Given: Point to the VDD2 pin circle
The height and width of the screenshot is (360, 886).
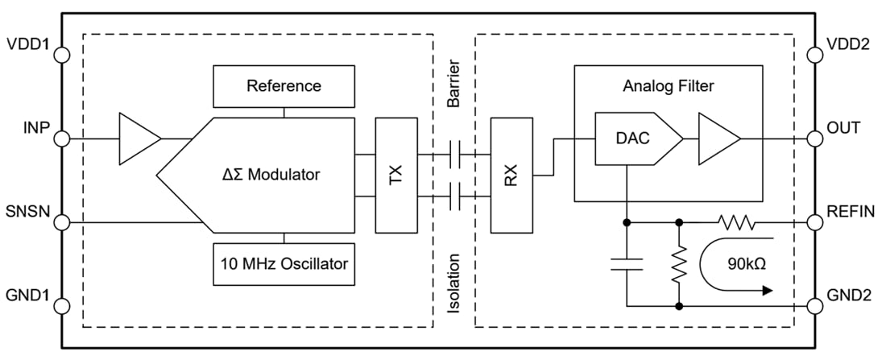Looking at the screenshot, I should click(x=815, y=55).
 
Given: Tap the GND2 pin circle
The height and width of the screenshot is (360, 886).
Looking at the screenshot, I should click(x=815, y=305).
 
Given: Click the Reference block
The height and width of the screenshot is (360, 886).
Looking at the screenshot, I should click(x=284, y=86).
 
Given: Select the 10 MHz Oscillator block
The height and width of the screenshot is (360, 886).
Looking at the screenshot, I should click(x=284, y=263).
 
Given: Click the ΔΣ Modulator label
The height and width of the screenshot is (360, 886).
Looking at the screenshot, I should click(x=271, y=174).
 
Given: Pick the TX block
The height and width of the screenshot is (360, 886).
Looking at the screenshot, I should click(x=396, y=175).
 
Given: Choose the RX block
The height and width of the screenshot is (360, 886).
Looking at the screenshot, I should click(x=511, y=175).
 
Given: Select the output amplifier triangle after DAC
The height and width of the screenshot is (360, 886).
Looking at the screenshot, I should click(x=716, y=139).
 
